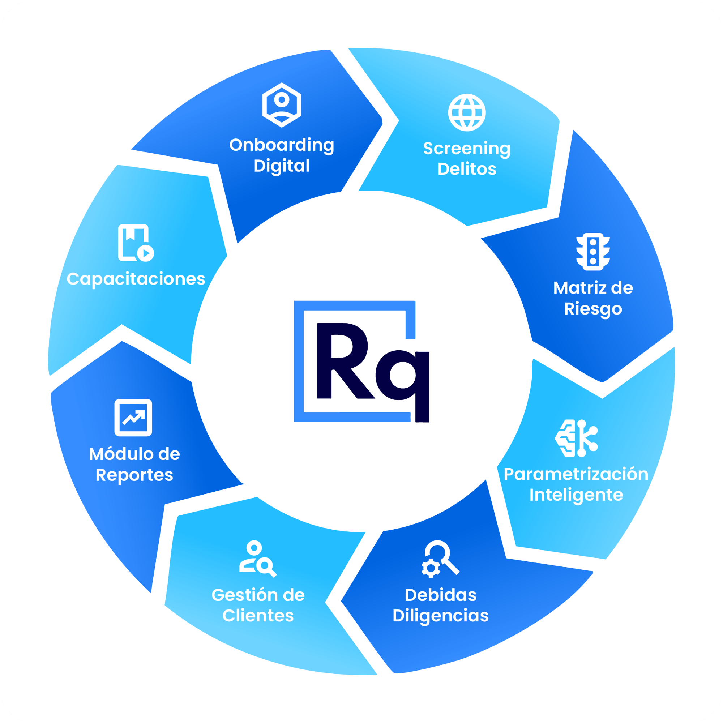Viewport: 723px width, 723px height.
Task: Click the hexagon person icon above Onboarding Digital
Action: [281, 105]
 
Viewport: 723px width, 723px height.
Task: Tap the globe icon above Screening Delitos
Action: [467, 112]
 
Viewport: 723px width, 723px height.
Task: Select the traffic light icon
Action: [593, 252]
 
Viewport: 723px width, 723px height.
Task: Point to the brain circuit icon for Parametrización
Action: [576, 438]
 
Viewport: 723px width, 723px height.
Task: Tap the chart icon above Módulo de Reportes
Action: [133, 418]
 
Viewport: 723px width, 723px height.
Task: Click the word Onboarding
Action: [281, 145]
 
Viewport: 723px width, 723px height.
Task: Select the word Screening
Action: [467, 149]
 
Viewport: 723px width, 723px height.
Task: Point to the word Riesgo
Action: [593, 309]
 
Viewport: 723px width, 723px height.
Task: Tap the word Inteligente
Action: [576, 495]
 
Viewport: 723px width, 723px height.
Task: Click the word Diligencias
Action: [440, 616]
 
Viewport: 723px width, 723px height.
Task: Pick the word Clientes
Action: [258, 616]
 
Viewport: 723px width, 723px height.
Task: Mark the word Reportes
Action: [134, 475]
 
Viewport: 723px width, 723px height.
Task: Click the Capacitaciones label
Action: [136, 279]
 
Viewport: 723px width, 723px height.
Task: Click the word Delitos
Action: [467, 169]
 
